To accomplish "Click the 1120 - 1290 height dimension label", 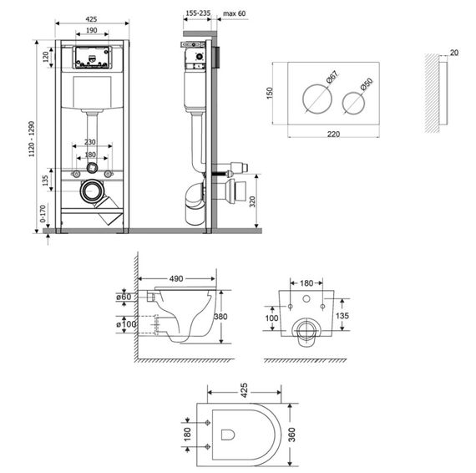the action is pyautogui.click(x=32, y=139).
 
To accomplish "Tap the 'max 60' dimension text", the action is pyautogui.click(x=235, y=13).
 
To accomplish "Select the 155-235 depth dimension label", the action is pyautogui.click(x=198, y=13).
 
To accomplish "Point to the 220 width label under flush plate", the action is pyautogui.click(x=334, y=134).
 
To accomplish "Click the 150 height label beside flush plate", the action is pyautogui.click(x=270, y=93).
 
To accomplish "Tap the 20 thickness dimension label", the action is pyautogui.click(x=454, y=53).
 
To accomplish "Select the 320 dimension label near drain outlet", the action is pyautogui.click(x=252, y=201).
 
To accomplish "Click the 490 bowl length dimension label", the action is pyautogui.click(x=176, y=278).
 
